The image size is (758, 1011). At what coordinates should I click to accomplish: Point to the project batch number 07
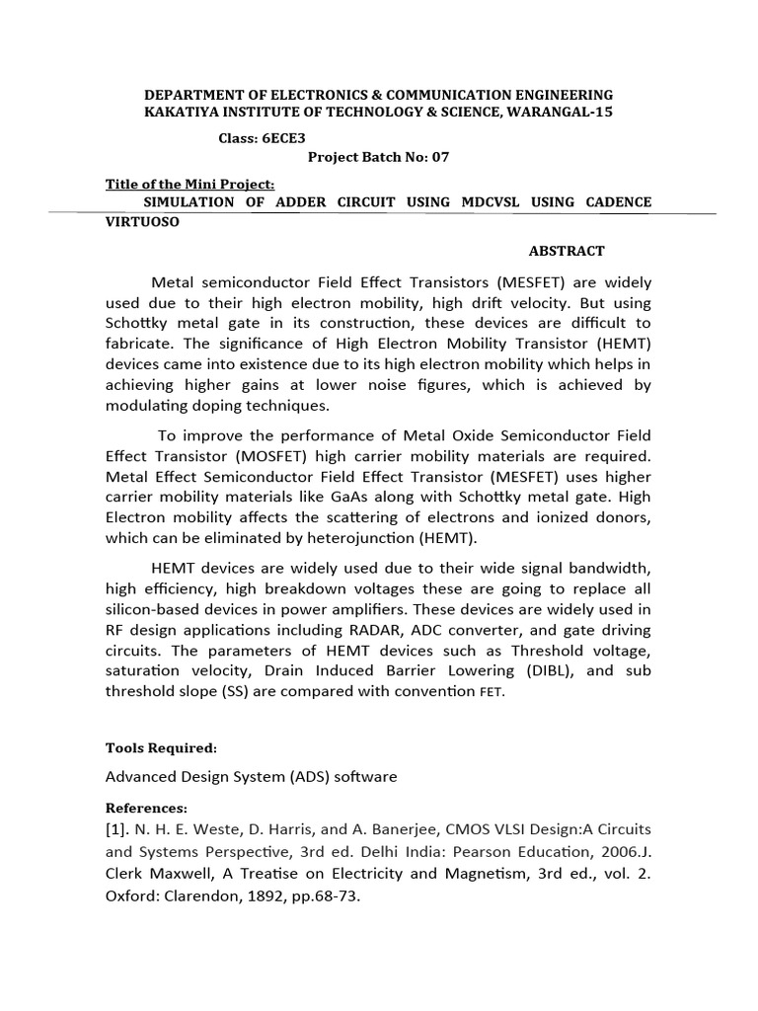coord(423,157)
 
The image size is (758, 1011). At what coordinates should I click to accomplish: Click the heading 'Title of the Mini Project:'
coord(189,185)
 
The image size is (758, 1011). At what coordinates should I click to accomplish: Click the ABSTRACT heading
coord(566,251)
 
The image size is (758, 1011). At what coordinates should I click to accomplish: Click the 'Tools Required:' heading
coord(161,747)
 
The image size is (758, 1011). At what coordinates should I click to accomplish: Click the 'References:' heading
coord(146,808)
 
